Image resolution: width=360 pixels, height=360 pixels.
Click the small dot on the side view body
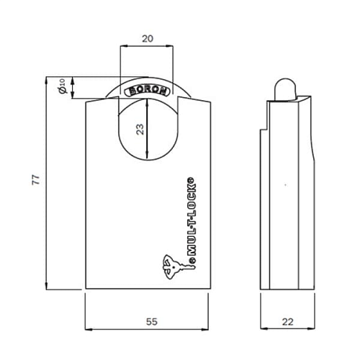[286, 185]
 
